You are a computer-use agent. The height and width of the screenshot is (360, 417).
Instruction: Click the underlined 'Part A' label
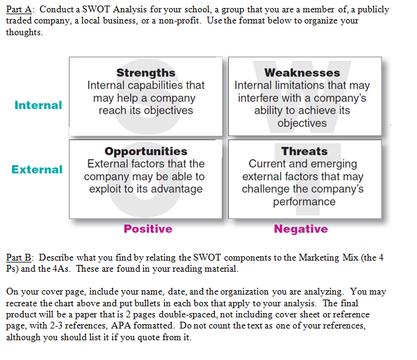tap(19, 9)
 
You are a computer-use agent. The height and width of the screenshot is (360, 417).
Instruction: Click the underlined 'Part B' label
tap(19, 257)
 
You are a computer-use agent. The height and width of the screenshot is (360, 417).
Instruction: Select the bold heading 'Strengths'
tap(146, 73)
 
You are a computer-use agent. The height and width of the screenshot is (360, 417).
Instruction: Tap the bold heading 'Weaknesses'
tap(302, 73)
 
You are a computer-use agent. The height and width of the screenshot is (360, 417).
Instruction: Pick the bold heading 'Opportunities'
tap(146, 151)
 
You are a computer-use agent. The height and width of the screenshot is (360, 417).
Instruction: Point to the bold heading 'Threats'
tap(305, 151)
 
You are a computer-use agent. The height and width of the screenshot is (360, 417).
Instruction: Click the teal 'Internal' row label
tap(38, 105)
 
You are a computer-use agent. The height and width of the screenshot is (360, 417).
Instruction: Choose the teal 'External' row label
tap(37, 169)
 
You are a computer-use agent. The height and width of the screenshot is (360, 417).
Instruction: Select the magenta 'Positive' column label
tap(148, 228)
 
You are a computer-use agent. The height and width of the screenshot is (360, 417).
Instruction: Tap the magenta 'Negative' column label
tap(301, 229)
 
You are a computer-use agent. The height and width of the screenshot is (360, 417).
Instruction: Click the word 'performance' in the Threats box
tap(304, 202)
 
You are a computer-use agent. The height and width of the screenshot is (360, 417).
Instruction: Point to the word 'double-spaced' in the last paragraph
tap(188, 314)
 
